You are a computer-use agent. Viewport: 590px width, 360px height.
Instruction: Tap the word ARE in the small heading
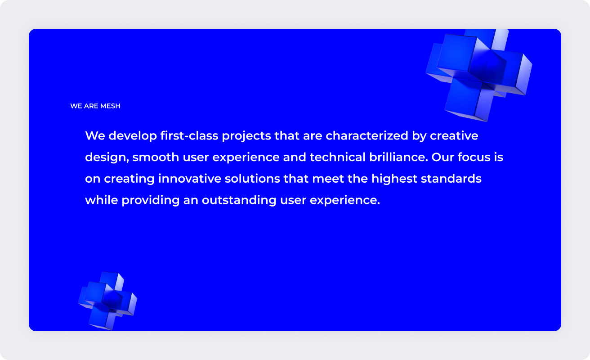click(x=91, y=106)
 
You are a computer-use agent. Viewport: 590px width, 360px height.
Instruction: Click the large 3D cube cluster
click(x=479, y=74)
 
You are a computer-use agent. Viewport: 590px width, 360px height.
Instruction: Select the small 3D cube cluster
click(x=107, y=300)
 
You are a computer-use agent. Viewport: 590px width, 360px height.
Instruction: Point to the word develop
click(x=133, y=136)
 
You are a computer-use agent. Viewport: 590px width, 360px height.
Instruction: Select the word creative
click(x=454, y=135)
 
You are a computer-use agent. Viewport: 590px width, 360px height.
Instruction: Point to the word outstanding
click(x=239, y=200)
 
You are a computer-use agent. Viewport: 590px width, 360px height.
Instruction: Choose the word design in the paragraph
click(x=106, y=157)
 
